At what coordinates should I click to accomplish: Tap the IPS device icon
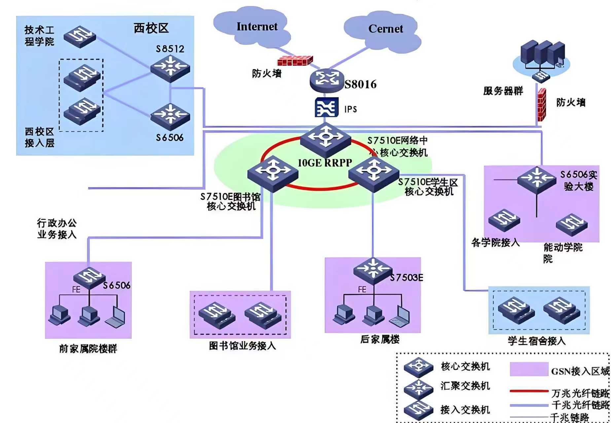pyautogui.click(x=326, y=107)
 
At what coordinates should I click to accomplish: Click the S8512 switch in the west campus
pyautogui.click(x=170, y=68)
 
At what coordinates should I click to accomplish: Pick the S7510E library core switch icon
pyautogui.click(x=273, y=174)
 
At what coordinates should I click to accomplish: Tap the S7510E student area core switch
pyautogui.click(x=374, y=174)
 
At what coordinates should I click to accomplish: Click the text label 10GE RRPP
pyautogui.click(x=325, y=163)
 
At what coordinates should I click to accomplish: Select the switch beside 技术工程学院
pyautogui.click(x=80, y=36)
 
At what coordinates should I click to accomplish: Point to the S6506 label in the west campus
pyautogui.click(x=169, y=138)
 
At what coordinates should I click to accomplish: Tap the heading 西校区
pyautogui.click(x=151, y=28)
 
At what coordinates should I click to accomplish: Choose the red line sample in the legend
pyautogui.click(x=529, y=391)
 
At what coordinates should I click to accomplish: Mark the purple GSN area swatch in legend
pyautogui.click(x=529, y=369)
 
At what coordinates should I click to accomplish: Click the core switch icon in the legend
pyautogui.click(x=418, y=367)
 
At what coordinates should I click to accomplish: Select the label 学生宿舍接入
pyautogui.click(x=536, y=341)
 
